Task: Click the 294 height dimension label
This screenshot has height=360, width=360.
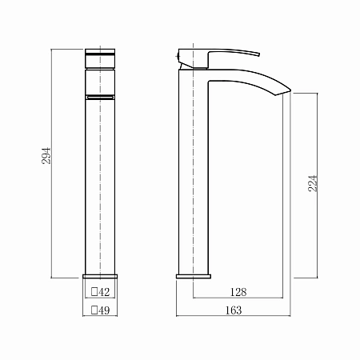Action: pyautogui.click(x=46, y=155)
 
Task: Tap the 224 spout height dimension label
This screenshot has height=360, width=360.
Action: pyautogui.click(x=313, y=183)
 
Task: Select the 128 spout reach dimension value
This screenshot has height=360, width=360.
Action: pyautogui.click(x=238, y=292)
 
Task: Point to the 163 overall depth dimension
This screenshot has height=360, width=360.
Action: pyautogui.click(x=234, y=310)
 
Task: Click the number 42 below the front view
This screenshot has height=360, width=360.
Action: pyautogui.click(x=104, y=292)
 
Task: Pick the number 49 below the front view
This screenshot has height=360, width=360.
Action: pyautogui.click(x=104, y=310)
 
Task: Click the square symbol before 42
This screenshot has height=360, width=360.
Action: pyautogui.click(x=94, y=292)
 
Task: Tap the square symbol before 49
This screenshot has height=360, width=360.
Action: pyautogui.click(x=94, y=310)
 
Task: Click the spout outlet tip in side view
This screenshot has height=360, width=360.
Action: pyautogui.click(x=290, y=90)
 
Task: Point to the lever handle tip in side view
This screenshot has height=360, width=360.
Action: pyautogui.click(x=259, y=54)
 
